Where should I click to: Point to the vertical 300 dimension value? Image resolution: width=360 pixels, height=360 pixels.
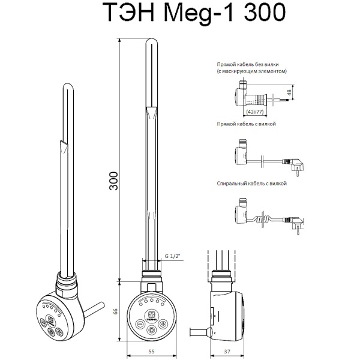pos(113,180)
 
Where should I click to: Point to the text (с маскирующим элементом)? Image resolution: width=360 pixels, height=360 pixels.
pos(252,71)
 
